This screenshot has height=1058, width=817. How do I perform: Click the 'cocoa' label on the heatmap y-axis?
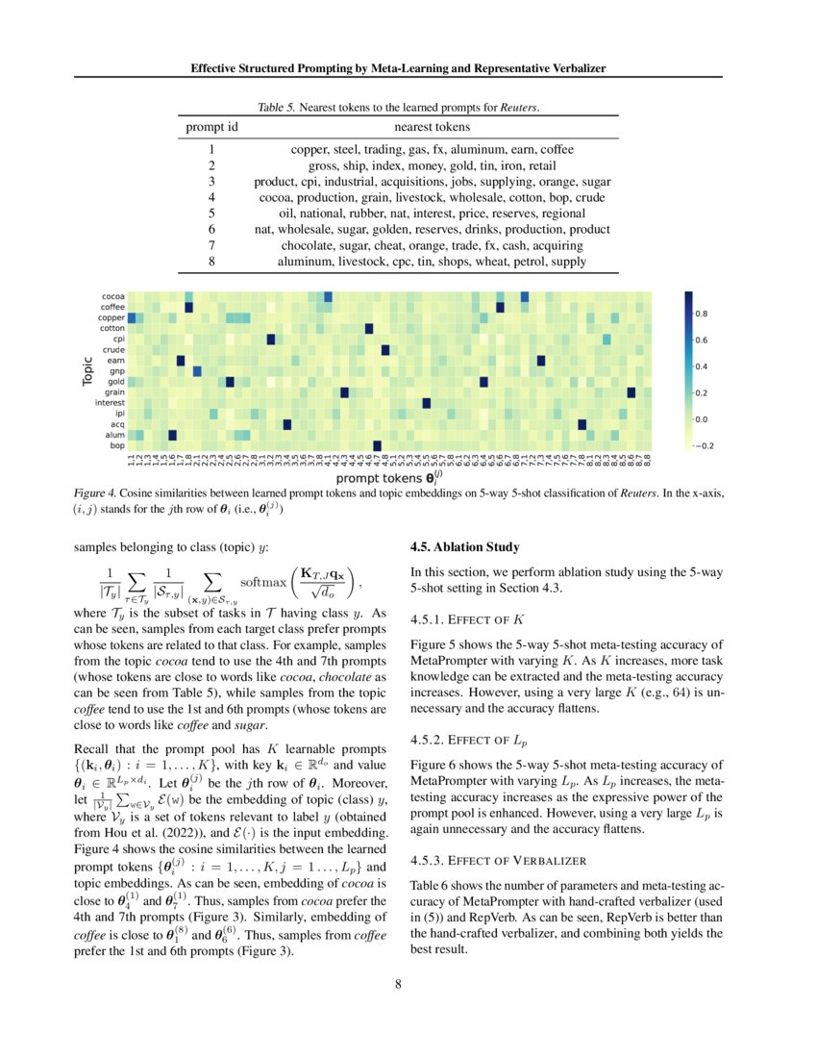(x=112, y=296)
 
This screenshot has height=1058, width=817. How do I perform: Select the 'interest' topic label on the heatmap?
(x=109, y=403)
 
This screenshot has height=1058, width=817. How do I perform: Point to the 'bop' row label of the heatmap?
(x=116, y=445)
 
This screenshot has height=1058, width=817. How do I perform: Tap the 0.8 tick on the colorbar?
(x=702, y=314)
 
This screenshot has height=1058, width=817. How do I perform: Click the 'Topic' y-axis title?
(x=87, y=370)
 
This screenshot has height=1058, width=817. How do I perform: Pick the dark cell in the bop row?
(x=377, y=445)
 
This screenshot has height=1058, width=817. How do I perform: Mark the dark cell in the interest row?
(x=427, y=403)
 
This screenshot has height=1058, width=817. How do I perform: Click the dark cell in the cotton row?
(x=369, y=328)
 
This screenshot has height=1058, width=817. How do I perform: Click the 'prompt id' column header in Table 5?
(x=211, y=126)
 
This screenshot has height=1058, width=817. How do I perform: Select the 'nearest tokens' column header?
(x=432, y=126)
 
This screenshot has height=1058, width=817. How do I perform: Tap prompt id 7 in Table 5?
(x=210, y=246)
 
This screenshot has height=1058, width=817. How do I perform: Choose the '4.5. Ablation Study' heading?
(x=464, y=547)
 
